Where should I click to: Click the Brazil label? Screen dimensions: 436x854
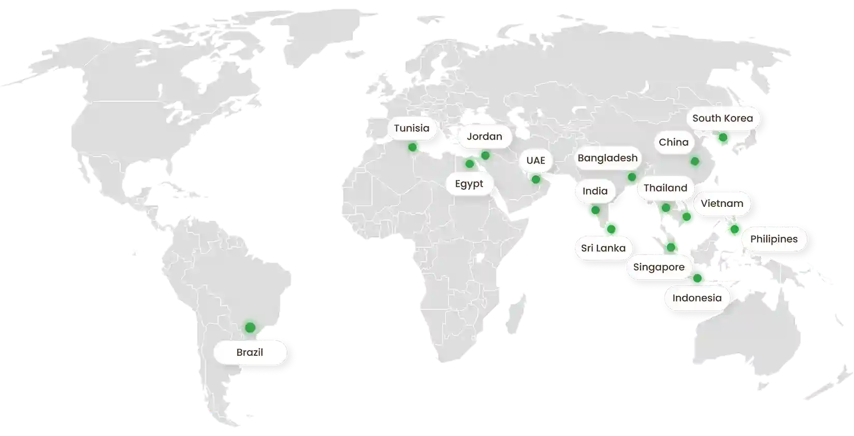click(x=250, y=353)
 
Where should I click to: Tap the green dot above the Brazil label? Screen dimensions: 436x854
click(x=250, y=327)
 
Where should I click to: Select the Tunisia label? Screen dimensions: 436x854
click(x=412, y=128)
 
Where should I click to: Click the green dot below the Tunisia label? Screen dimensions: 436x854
click(x=412, y=147)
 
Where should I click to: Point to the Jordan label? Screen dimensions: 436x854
click(x=484, y=137)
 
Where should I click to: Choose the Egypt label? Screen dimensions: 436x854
click(x=469, y=184)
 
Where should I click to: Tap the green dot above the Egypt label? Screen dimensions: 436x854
click(x=469, y=164)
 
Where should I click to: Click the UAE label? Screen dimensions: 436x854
click(x=535, y=160)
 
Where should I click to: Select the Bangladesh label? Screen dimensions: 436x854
click(x=607, y=158)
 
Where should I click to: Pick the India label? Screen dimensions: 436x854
click(x=595, y=191)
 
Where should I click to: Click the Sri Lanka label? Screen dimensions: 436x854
click(x=603, y=248)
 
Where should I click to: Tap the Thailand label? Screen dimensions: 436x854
click(x=665, y=188)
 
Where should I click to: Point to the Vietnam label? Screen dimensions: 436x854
click(x=721, y=203)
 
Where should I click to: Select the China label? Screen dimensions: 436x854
click(x=673, y=142)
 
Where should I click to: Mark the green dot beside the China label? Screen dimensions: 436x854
click(x=695, y=162)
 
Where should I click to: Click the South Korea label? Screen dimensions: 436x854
click(x=722, y=118)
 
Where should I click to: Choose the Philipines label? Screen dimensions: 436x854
click(x=774, y=239)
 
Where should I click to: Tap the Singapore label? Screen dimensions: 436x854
click(x=659, y=267)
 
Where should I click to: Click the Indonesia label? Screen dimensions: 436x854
click(x=697, y=298)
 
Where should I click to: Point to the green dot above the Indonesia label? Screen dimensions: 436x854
click(x=697, y=279)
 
